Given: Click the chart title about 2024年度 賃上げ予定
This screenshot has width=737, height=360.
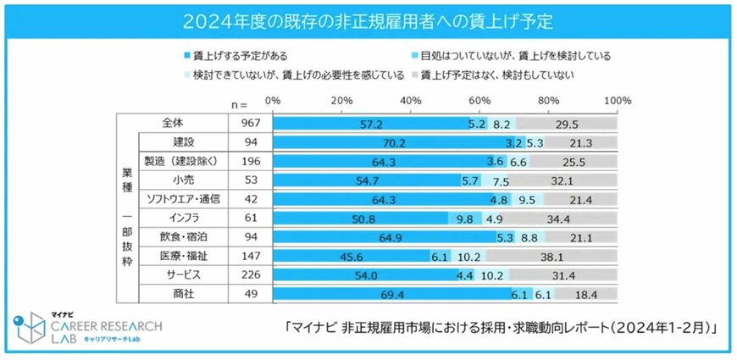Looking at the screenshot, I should coord(368,18).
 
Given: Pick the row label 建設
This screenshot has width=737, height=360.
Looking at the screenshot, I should coord(185,141).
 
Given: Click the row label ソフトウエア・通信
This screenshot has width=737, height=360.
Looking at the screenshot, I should coord(185,199).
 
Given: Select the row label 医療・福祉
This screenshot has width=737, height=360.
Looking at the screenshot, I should coord(185,256).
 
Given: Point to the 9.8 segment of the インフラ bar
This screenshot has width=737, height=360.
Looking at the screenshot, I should coord(465,218).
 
